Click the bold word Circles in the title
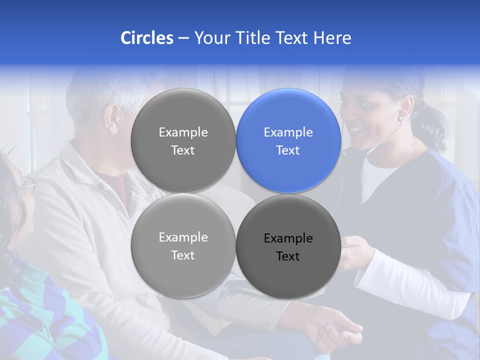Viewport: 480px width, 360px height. [x=146, y=38]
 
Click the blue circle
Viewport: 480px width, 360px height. [x=288, y=140]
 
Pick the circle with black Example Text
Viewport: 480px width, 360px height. [x=288, y=246]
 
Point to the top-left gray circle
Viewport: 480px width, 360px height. [x=183, y=140]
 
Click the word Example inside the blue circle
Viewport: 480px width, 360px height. [x=288, y=132]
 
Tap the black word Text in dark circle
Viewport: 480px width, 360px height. [x=288, y=256]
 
